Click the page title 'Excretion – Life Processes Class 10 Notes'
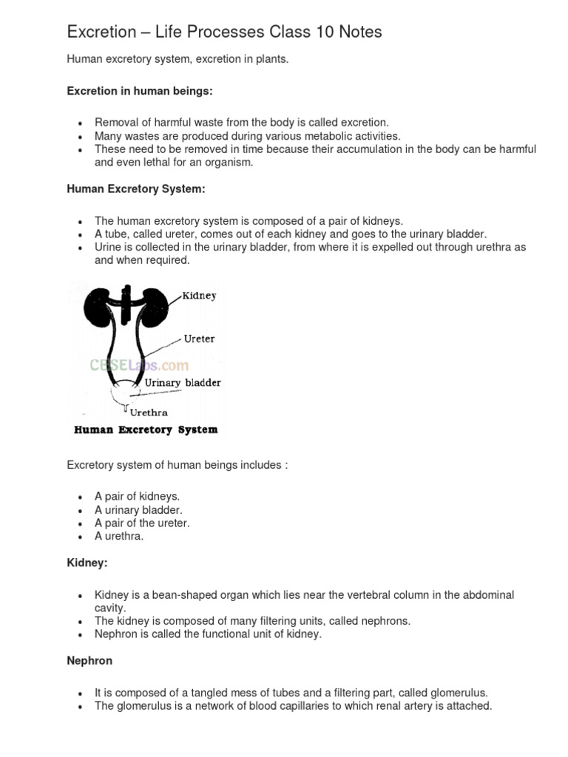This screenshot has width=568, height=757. coord(224,32)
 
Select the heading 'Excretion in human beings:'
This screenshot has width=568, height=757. coord(140,90)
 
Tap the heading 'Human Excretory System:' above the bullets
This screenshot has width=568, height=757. coord(136,189)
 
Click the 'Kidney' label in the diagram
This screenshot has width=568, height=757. coord(199,296)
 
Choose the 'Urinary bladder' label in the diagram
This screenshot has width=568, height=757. coord(182,383)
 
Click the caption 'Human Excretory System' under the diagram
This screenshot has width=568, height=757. coord(144,430)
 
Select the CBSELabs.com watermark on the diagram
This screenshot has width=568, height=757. coord(139,365)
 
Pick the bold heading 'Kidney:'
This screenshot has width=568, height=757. coord(87,563)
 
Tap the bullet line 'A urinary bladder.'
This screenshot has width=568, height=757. coord(138,509)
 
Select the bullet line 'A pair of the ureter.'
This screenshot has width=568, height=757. coord(142,523)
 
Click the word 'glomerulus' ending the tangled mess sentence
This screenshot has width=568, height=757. coord(459,693)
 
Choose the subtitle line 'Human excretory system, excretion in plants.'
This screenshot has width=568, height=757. coord(177,59)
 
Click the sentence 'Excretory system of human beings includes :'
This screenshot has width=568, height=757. coord(177,465)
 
